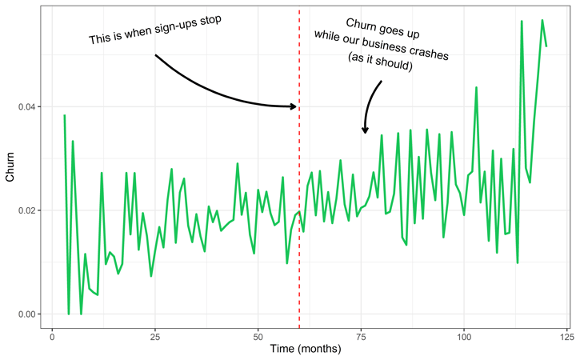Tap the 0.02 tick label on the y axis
click(29, 210)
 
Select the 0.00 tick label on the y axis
click(29, 314)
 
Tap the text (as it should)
click(380, 65)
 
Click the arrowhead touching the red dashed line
click(294, 106)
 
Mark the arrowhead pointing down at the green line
click(365, 130)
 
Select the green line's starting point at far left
click(64, 116)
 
